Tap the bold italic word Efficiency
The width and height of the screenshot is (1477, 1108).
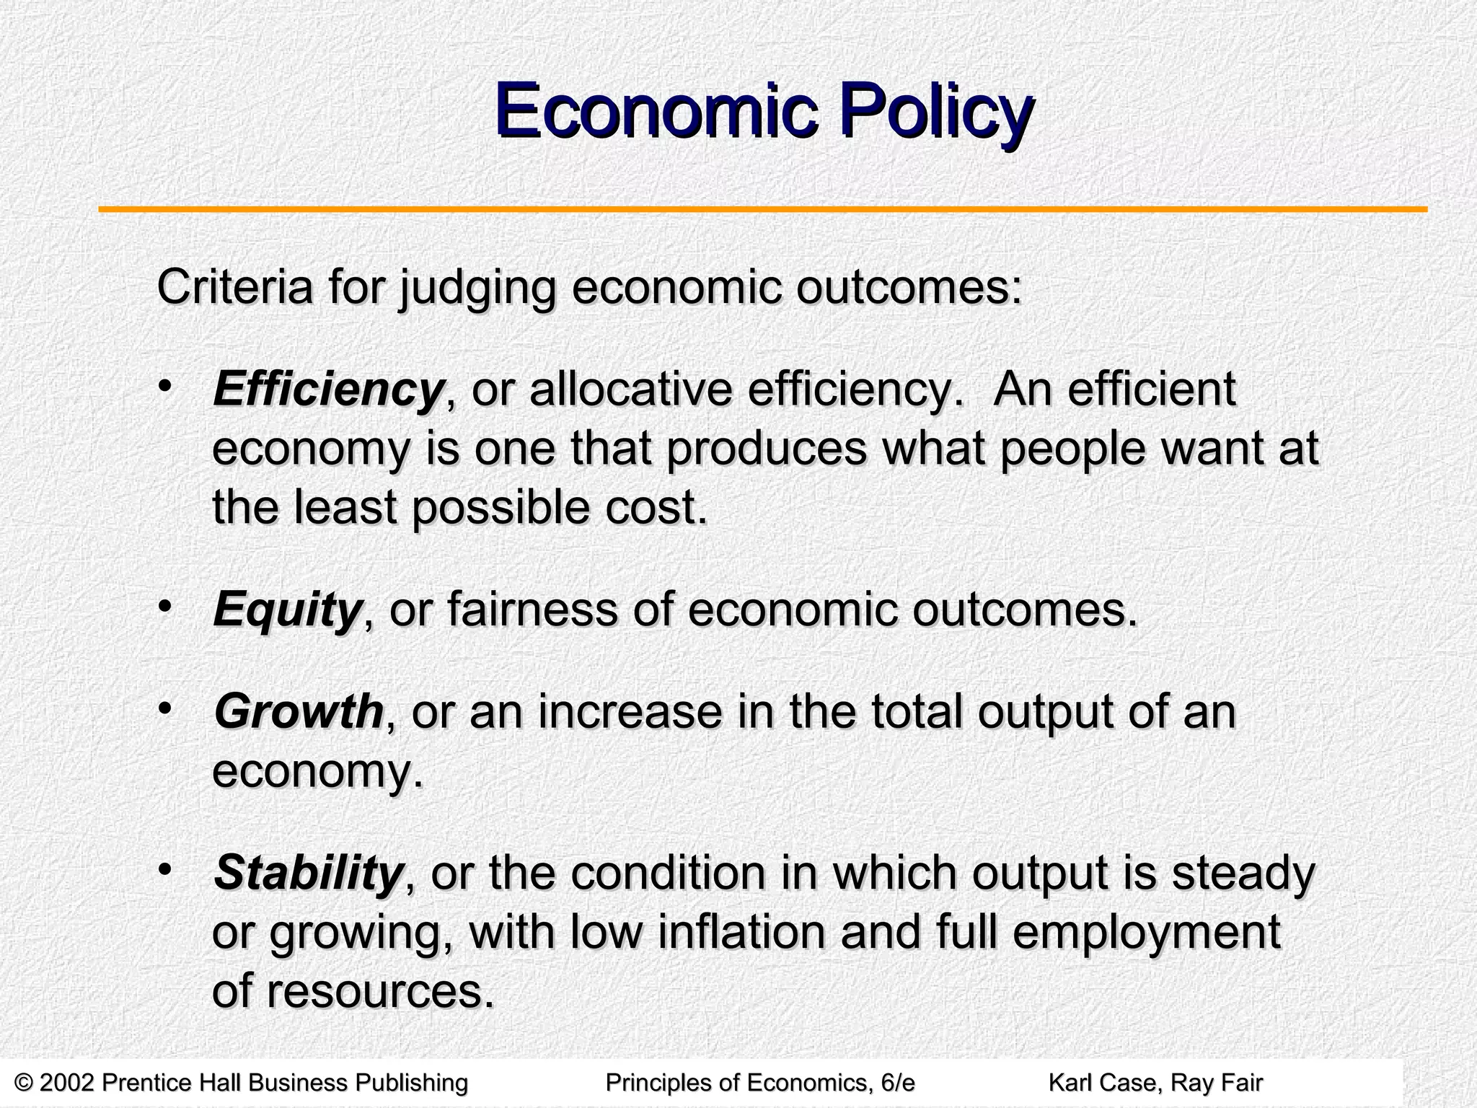point(328,390)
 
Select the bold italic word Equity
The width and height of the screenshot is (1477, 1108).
point(287,610)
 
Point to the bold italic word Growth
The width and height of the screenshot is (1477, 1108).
point(299,712)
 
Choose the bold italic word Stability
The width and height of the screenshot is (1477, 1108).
point(308,873)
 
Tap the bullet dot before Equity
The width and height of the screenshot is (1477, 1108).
point(165,604)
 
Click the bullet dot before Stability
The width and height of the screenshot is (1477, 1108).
point(165,868)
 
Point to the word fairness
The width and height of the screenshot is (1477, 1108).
point(532,610)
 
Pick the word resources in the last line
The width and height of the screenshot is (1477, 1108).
point(381,992)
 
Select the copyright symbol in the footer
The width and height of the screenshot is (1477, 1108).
point(25,1083)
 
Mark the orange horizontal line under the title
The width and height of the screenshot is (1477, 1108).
point(763,210)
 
